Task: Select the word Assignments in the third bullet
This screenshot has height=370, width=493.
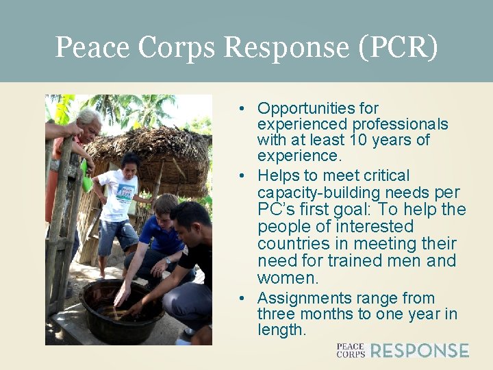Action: tap(301, 299)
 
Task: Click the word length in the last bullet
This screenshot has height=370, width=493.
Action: tap(280, 330)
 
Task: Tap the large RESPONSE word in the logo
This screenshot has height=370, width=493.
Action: tap(420, 351)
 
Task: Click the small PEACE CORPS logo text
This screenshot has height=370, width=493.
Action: tap(350, 351)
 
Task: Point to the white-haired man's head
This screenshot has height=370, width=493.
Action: tap(90, 122)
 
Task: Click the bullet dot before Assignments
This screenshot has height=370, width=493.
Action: tap(242, 299)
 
